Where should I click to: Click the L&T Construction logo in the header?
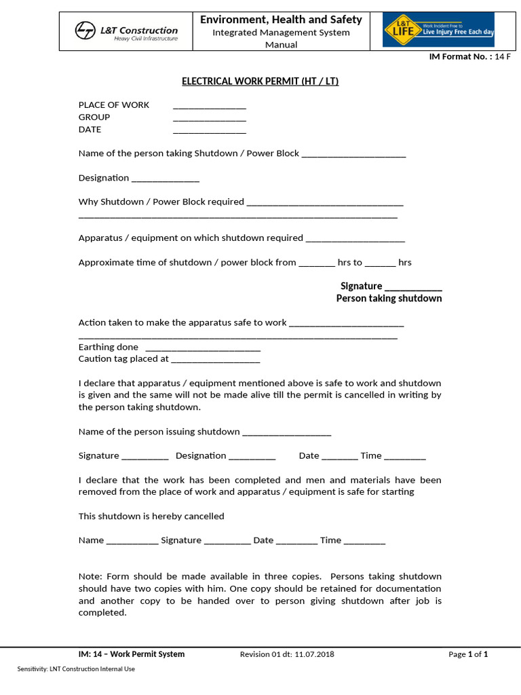click(126, 32)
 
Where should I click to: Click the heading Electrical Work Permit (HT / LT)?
click(260, 81)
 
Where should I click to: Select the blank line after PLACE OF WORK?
click(210, 107)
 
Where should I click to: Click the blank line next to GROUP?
click(210, 119)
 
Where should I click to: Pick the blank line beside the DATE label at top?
click(210, 131)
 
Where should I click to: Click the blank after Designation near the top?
click(166, 180)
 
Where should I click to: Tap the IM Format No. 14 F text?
click(470, 57)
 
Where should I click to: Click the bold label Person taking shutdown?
click(389, 299)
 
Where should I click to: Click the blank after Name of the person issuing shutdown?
click(286, 434)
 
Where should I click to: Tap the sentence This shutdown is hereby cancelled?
click(151, 516)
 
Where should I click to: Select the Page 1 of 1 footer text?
click(468, 654)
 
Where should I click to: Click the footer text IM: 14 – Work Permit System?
click(132, 654)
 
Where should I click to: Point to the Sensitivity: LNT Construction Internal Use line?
click(76, 669)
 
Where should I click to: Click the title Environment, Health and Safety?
click(281, 20)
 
